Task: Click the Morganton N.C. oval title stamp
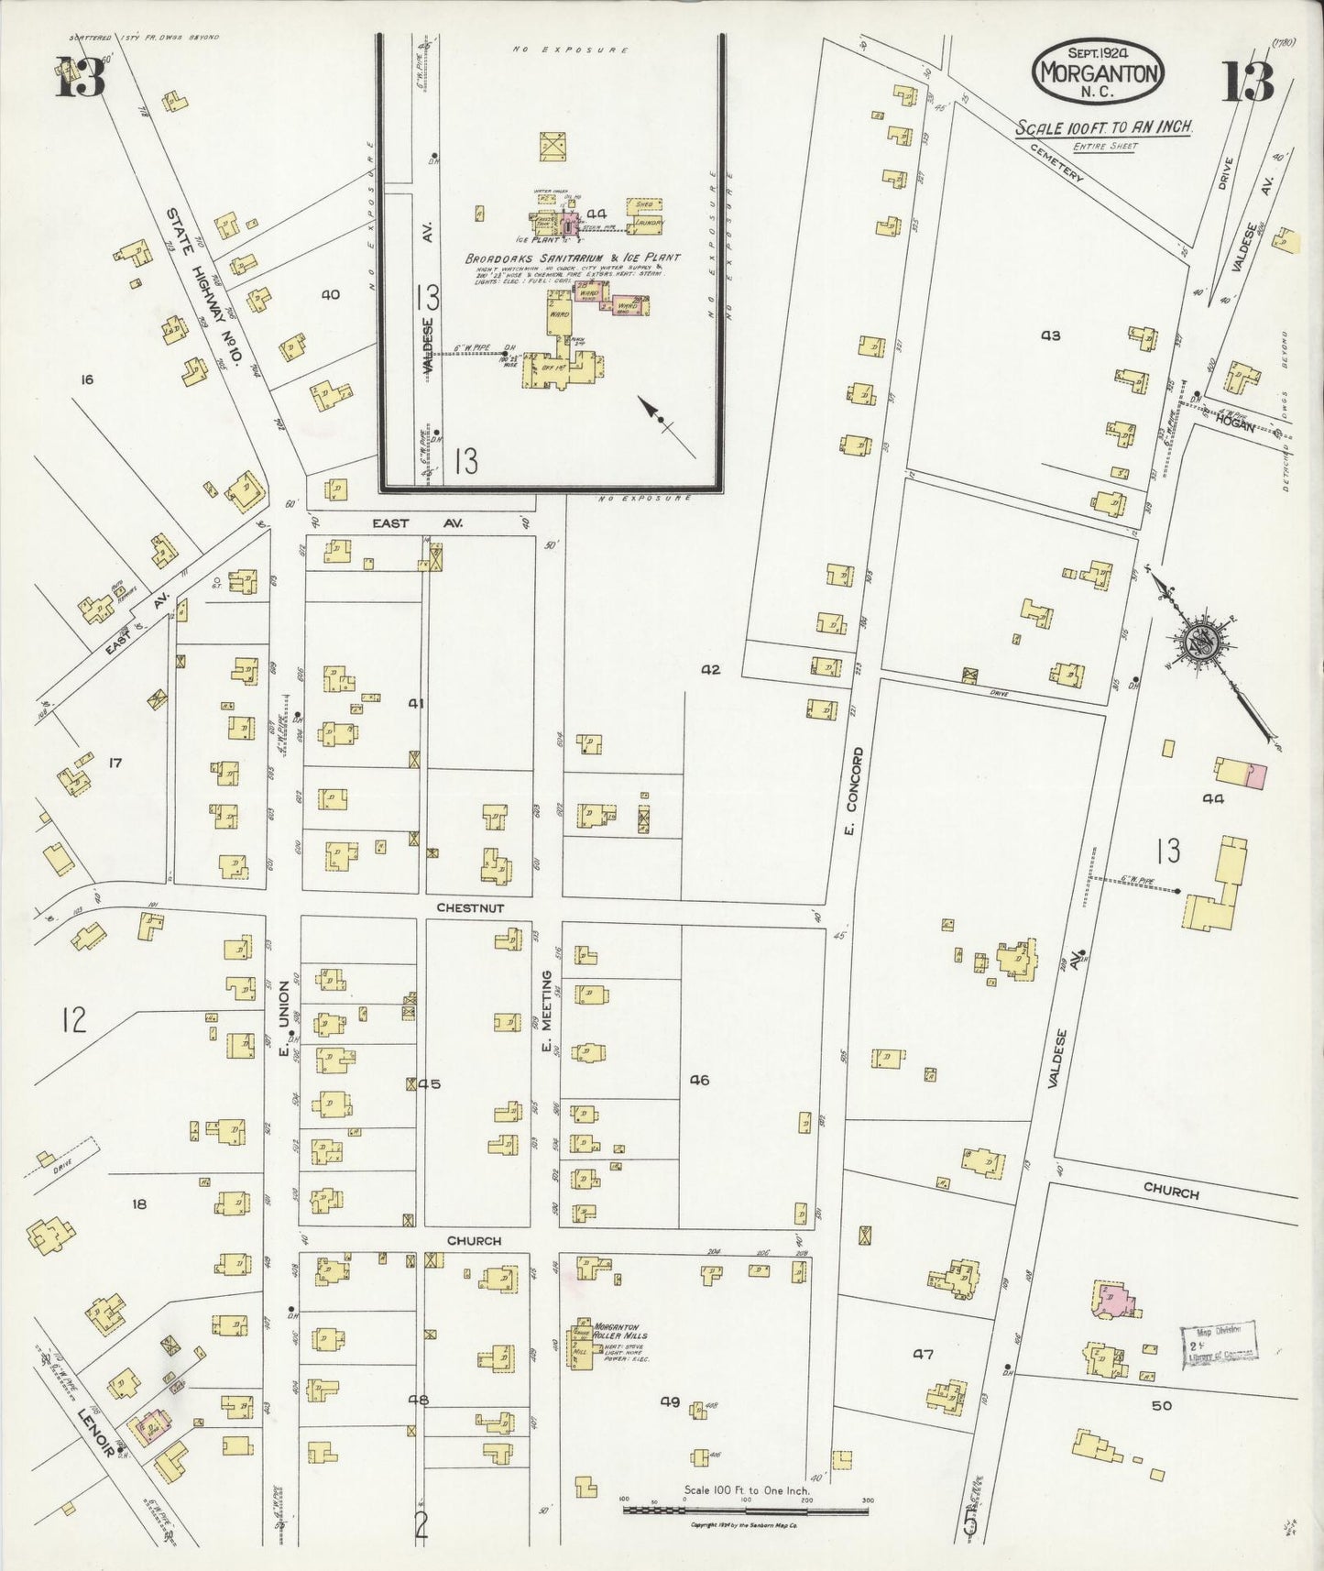click(1098, 72)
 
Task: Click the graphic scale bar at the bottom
click(746, 1508)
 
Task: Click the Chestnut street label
click(470, 907)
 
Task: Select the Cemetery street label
click(1056, 163)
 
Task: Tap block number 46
click(700, 1081)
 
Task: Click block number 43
click(1050, 335)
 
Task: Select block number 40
click(330, 294)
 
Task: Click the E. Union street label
click(284, 1018)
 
